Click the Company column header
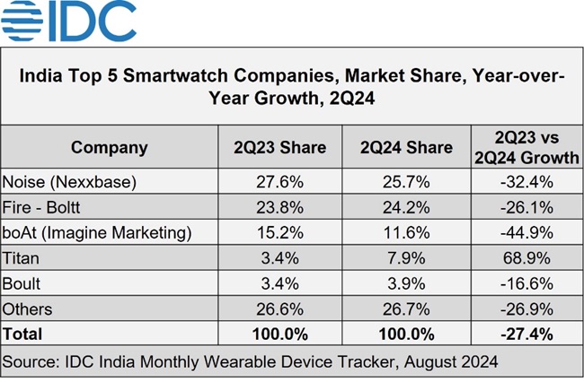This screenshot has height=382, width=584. [x=110, y=147]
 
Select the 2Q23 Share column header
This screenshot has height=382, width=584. [x=281, y=147]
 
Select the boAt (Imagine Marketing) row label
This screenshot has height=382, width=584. [x=98, y=232]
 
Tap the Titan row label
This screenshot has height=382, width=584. [x=22, y=258]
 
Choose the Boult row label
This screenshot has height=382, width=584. [x=23, y=283]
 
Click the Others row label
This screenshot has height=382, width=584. [x=28, y=309]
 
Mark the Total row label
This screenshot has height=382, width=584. [x=23, y=334]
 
